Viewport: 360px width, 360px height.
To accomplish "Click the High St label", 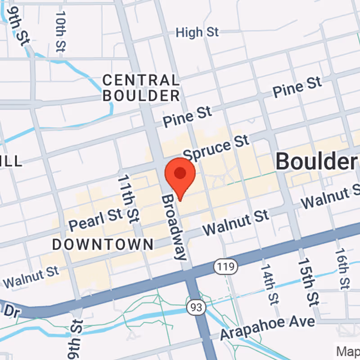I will click(x=197, y=32).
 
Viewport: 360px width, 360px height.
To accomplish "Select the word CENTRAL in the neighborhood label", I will click(x=140, y=81).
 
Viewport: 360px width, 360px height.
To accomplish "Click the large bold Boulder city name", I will click(x=315, y=161).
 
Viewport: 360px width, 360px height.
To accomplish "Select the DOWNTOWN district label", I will click(x=103, y=245).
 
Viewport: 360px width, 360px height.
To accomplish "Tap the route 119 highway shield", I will click(x=225, y=266).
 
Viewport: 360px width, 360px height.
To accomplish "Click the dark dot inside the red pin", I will click(x=180, y=173).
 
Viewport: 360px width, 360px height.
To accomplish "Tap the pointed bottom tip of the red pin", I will click(x=180, y=200).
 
